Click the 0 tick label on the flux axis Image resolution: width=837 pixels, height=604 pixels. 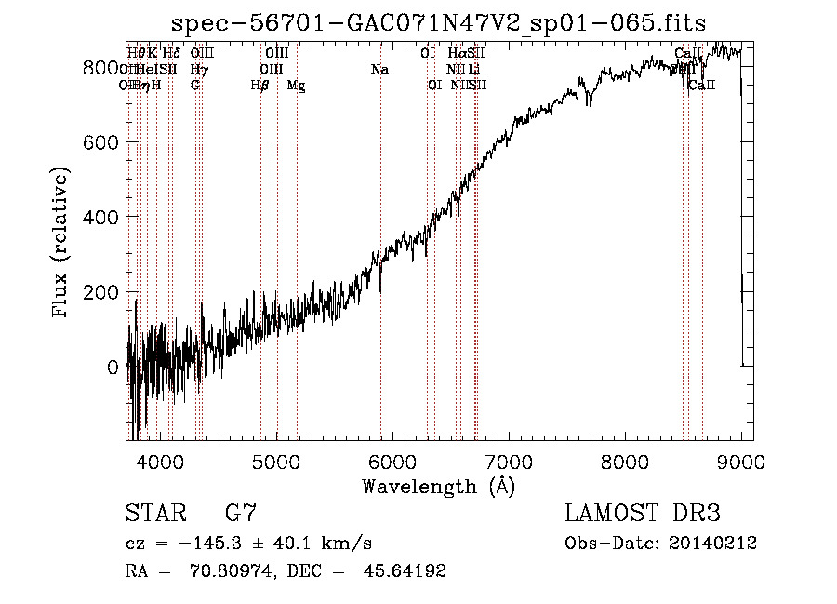[x=113, y=367]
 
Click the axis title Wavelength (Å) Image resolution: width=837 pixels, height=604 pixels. [x=439, y=486]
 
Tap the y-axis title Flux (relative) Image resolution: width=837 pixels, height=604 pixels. [x=62, y=244]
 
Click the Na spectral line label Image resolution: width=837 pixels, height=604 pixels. [x=379, y=70]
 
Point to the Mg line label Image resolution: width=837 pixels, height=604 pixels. [x=296, y=86]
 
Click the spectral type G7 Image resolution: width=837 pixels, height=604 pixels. [x=241, y=513]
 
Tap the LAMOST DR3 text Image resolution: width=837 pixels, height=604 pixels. [x=643, y=513]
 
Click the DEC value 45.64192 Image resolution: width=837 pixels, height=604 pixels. [x=406, y=571]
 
